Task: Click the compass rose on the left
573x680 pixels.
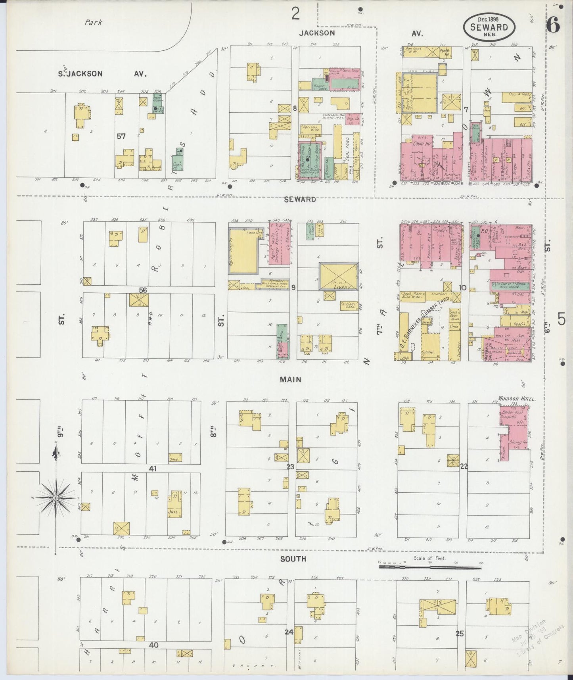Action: pos(56,498)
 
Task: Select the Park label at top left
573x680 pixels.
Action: pos(93,23)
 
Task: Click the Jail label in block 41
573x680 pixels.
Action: pos(174,512)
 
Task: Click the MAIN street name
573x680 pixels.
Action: pos(290,380)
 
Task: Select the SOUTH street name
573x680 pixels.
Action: pos(293,559)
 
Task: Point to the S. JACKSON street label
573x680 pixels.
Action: pos(80,74)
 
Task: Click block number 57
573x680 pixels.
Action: pos(121,136)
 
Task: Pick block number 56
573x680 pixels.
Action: pos(143,290)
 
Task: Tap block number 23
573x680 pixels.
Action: pos(290,467)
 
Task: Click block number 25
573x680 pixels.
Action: pos(459,634)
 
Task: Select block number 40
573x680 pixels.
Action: pos(153,645)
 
